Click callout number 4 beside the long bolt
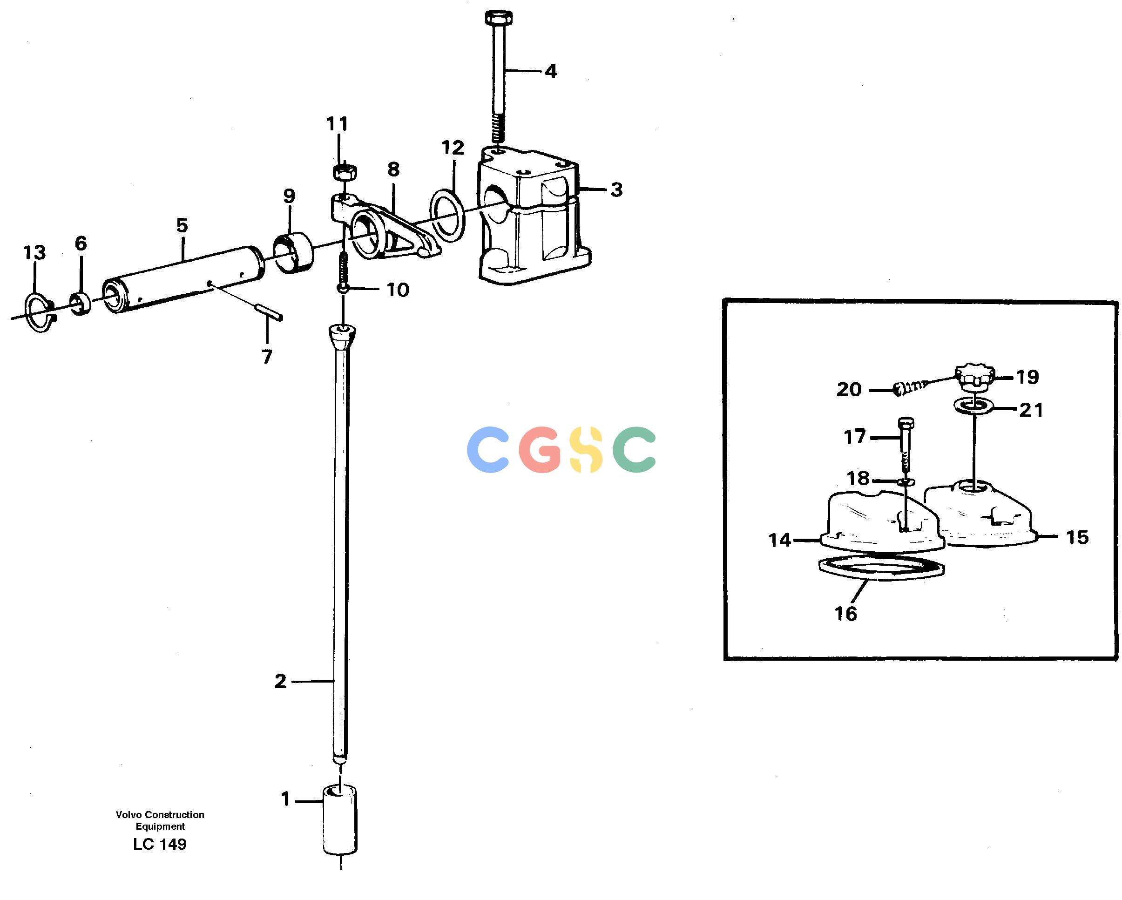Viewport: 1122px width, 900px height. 551,71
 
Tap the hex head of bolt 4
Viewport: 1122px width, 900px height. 499,18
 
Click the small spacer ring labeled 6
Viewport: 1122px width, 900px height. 80,305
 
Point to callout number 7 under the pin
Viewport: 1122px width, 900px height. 266,357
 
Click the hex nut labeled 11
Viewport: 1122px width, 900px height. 344,172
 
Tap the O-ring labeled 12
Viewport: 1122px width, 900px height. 447,216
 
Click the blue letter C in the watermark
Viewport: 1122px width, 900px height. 488,450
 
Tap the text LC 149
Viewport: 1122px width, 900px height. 160,844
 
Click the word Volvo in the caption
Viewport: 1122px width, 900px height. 129,815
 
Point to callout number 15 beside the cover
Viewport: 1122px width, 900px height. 1077,538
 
